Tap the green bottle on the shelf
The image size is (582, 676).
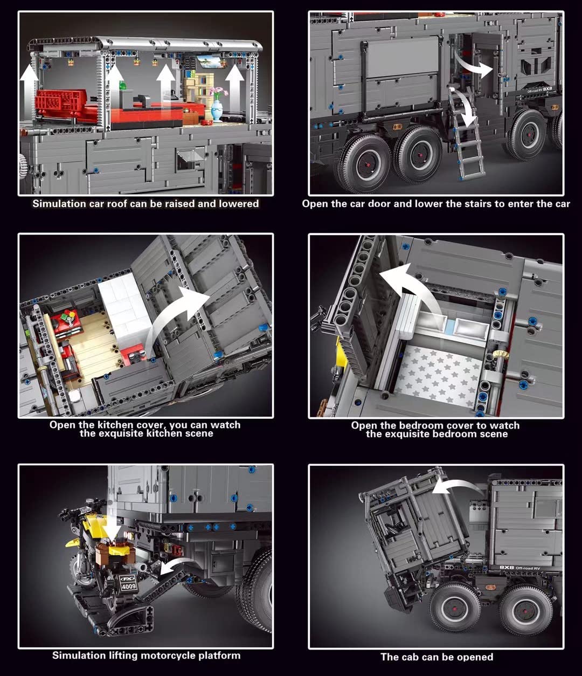pyautogui.click(x=123, y=86)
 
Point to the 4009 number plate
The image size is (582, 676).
pyautogui.click(x=128, y=587)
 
